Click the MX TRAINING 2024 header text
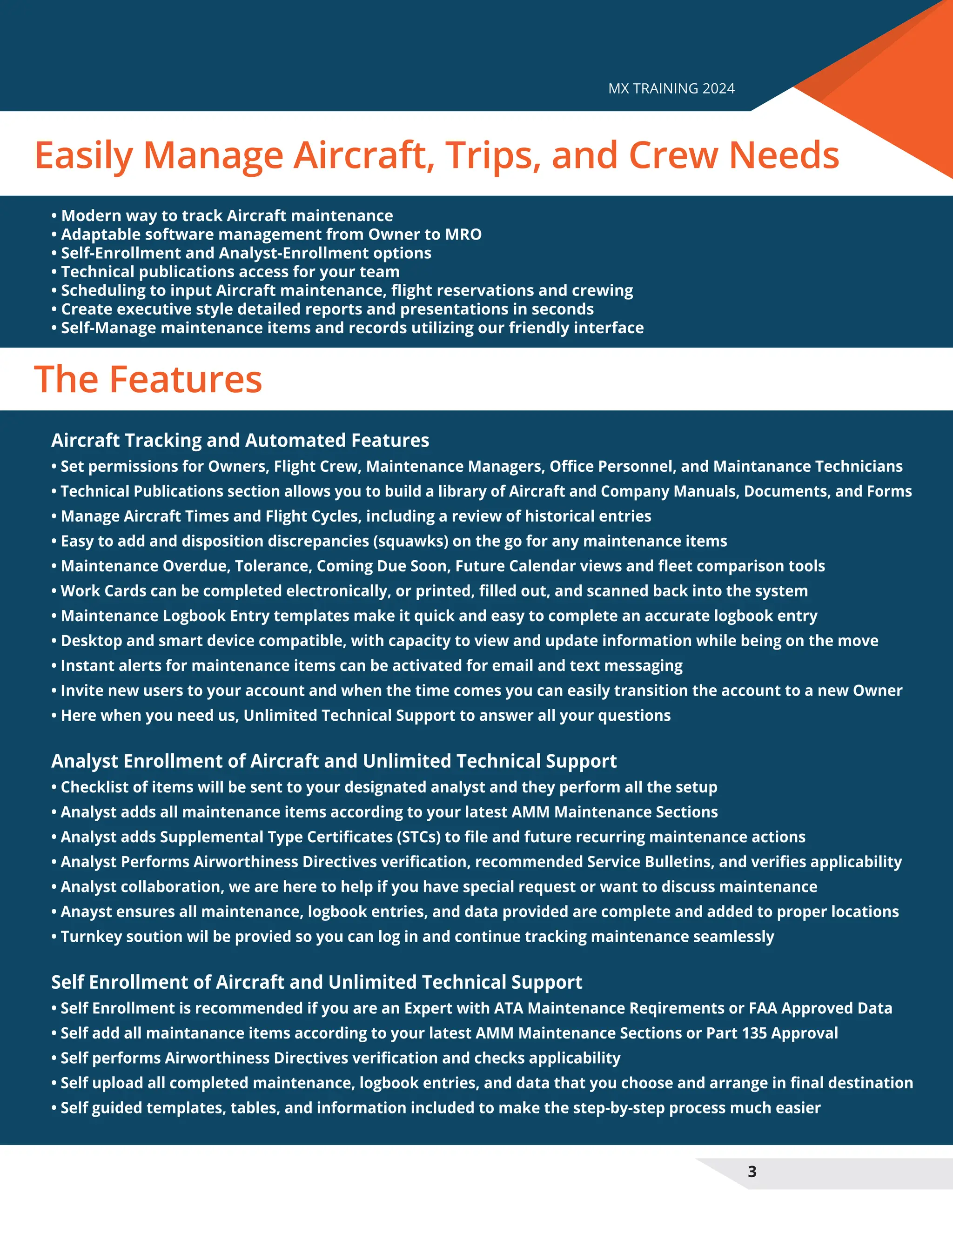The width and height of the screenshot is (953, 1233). click(671, 88)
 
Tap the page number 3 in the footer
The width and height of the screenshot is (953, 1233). click(752, 1172)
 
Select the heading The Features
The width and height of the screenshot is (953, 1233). click(148, 379)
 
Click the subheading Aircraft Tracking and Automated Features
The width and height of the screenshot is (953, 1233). click(240, 440)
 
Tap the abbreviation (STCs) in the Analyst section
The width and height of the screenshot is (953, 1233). click(420, 837)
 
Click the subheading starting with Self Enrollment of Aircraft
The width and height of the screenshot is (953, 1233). click(316, 982)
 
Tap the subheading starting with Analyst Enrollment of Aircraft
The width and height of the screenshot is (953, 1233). click(334, 761)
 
